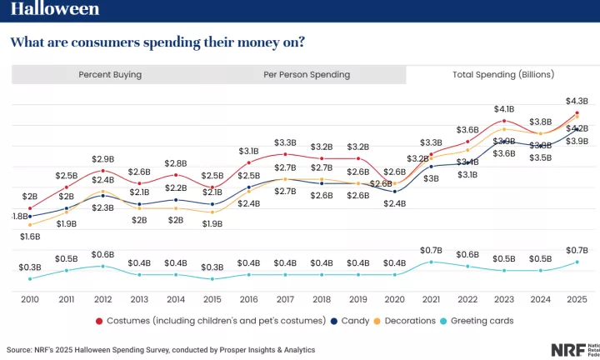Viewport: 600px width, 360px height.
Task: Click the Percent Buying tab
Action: pyautogui.click(x=110, y=74)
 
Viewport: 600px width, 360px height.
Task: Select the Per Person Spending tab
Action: pyautogui.click(x=307, y=74)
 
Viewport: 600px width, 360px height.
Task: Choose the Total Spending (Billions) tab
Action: pyautogui.click(x=502, y=74)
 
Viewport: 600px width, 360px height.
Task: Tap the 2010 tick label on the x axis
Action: pyautogui.click(x=30, y=299)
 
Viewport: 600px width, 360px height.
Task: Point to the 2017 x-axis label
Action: pyautogui.click(x=285, y=299)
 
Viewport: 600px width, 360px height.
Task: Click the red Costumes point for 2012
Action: pyautogui.click(x=102, y=171)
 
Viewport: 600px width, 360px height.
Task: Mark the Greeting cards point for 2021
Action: pyautogui.click(x=431, y=262)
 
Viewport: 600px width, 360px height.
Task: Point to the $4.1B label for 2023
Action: pyautogui.click(x=503, y=109)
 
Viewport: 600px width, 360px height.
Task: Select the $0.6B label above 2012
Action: pyautogui.click(x=102, y=254)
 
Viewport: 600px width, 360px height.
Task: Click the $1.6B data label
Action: pyautogui.click(x=30, y=237)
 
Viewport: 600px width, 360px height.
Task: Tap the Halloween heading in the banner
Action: pyautogui.click(x=55, y=9)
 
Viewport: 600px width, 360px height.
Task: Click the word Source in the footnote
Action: pyautogui.click(x=21, y=350)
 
